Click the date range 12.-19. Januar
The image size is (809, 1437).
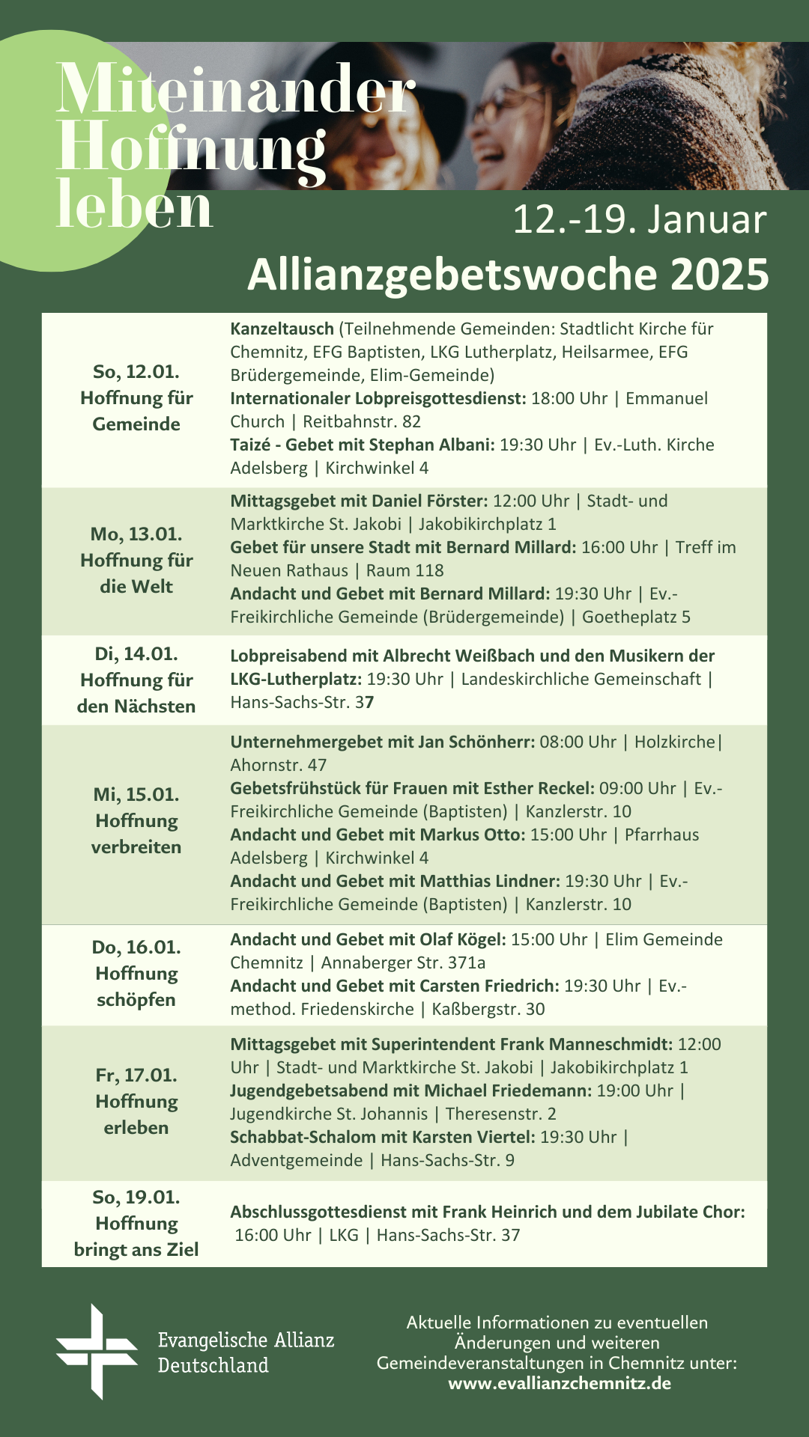pos(639,220)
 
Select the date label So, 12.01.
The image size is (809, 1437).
pos(136,372)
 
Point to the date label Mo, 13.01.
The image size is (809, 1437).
pos(136,534)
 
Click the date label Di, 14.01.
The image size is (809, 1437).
pos(136,654)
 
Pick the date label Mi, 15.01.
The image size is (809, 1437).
pos(136,795)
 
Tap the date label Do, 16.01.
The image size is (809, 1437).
pos(136,948)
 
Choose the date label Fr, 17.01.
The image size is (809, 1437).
pos(136,1076)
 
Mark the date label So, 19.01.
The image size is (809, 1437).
pos(136,1197)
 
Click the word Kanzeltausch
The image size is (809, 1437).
pos(282,329)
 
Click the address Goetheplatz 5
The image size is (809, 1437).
pos(636,617)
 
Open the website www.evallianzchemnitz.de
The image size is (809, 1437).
pos(560,1383)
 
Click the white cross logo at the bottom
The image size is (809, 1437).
pos(97,1352)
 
